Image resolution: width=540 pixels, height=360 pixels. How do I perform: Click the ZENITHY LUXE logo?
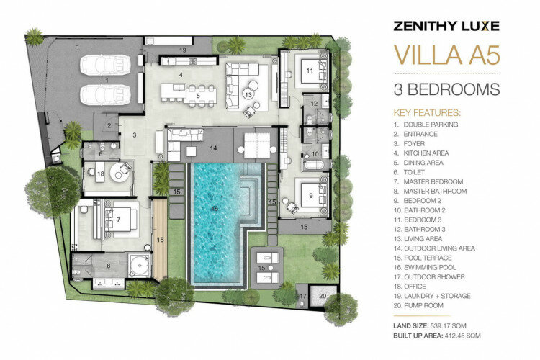point(446,26)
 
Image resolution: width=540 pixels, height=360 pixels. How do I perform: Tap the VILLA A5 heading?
point(446,55)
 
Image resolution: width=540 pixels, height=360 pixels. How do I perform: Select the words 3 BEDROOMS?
point(446,89)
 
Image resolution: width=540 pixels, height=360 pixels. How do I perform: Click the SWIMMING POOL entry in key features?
point(430,267)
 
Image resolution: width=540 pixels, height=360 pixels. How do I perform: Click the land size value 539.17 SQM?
point(448,325)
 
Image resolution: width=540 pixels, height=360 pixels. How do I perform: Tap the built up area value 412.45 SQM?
point(462,336)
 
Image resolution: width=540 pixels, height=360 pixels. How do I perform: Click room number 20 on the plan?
point(323,296)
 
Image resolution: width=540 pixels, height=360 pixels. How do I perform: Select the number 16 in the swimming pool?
point(215,209)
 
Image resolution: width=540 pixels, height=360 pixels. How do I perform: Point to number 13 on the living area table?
point(248,94)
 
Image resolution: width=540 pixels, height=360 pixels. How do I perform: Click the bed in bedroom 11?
point(312,71)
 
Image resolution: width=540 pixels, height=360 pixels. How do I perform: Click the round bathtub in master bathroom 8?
point(140,265)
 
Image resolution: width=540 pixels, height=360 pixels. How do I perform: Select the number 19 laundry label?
point(183,50)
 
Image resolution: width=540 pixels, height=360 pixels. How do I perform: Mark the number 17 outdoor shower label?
point(302,296)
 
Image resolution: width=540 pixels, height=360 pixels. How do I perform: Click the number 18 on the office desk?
point(100,174)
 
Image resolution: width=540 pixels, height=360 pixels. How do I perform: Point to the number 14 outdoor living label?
point(214,148)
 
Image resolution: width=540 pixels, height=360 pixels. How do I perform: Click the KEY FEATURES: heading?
point(427,113)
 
